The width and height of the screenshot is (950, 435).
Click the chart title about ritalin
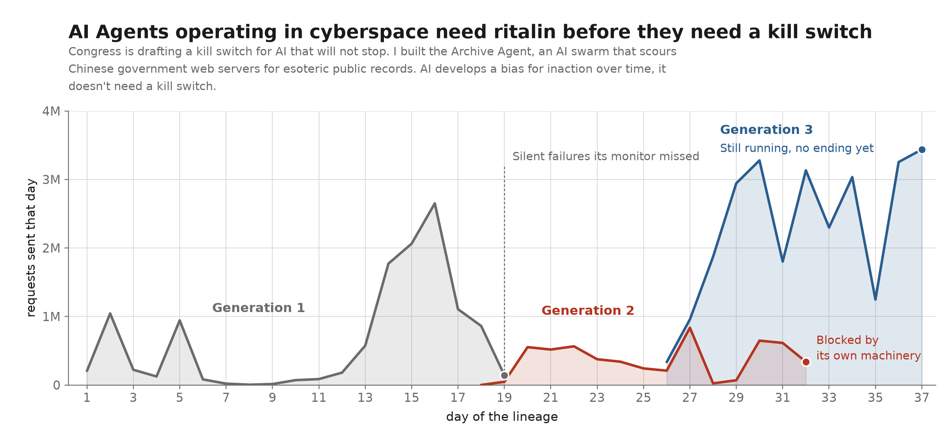(x=470, y=32)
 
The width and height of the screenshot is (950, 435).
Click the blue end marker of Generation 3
(x=922, y=150)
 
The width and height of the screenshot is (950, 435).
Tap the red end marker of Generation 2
(x=806, y=362)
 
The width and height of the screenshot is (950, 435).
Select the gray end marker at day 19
(x=504, y=376)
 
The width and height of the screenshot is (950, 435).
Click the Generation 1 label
(x=258, y=308)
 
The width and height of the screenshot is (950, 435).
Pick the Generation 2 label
(x=588, y=311)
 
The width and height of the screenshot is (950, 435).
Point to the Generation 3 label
(x=766, y=130)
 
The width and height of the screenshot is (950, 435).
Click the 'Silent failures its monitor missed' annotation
(x=606, y=157)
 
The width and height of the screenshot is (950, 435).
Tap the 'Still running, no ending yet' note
(x=797, y=148)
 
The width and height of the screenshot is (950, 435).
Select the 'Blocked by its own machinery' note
(x=868, y=348)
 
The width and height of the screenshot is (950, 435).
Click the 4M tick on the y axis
(x=51, y=112)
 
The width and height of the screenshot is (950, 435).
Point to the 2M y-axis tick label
(x=51, y=248)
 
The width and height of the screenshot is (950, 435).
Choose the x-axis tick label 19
(x=504, y=398)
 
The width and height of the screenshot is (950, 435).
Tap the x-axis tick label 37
(x=922, y=398)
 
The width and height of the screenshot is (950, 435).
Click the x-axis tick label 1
(x=87, y=398)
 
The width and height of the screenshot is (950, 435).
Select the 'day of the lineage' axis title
(x=502, y=417)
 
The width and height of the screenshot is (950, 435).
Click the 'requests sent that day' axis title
(x=31, y=248)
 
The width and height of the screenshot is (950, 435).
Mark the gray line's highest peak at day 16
(x=435, y=204)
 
